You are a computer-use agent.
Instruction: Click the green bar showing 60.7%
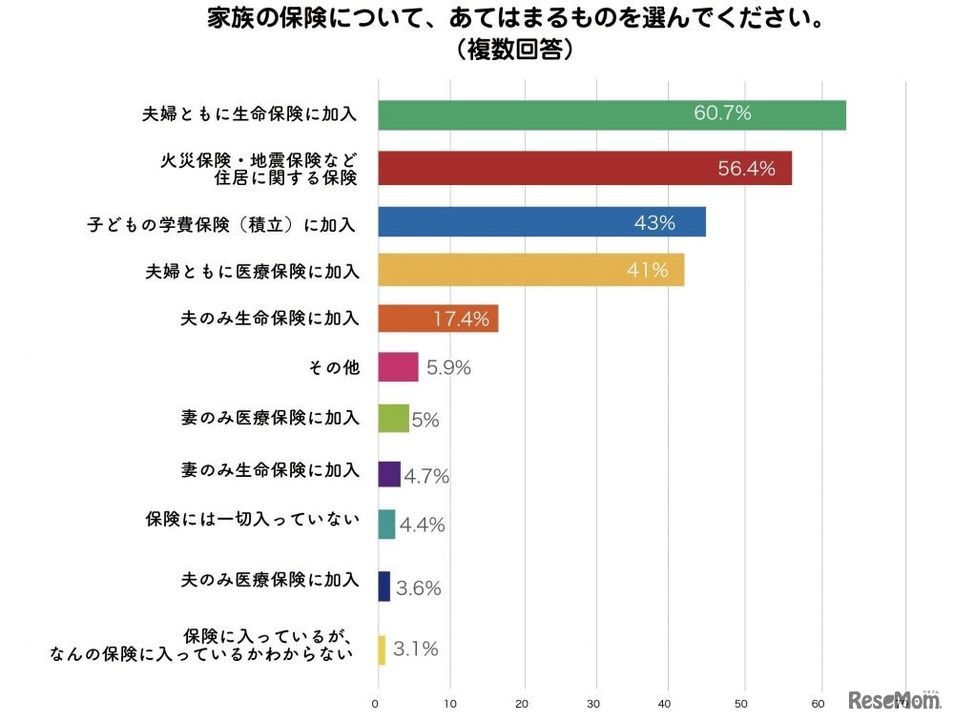pyautogui.click(x=612, y=114)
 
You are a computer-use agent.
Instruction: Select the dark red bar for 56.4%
pyautogui.click(x=585, y=168)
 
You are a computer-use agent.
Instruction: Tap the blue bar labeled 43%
pyautogui.click(x=542, y=221)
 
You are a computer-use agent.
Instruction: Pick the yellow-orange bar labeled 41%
pyautogui.click(x=531, y=270)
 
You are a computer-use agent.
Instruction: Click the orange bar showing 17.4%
pyautogui.click(x=438, y=319)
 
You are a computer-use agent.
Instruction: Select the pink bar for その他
pyautogui.click(x=398, y=367)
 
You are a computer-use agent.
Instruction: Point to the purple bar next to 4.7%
pyautogui.click(x=389, y=474)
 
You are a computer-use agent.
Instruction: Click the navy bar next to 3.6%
pyautogui.click(x=384, y=587)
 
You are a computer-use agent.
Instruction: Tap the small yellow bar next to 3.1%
pyautogui.click(x=383, y=650)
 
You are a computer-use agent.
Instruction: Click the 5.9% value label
pyautogui.click(x=447, y=368)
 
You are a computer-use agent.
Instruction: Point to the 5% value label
pyautogui.click(x=425, y=420)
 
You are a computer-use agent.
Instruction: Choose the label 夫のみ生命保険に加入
pyautogui.click(x=270, y=319)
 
